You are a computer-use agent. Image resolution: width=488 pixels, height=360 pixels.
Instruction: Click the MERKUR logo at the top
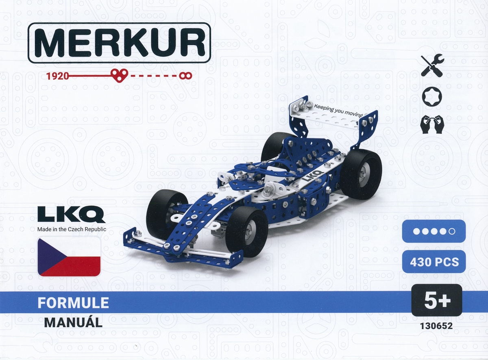119,43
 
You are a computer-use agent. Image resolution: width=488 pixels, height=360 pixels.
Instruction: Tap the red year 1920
57,76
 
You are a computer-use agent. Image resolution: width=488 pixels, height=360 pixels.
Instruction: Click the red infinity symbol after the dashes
185,76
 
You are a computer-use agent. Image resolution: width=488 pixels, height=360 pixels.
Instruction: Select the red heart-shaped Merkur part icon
119,76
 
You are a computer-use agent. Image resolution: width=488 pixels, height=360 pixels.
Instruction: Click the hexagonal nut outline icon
431,97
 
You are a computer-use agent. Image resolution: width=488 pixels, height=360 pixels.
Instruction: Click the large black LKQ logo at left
72,214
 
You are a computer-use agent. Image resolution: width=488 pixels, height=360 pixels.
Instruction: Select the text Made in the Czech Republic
72,229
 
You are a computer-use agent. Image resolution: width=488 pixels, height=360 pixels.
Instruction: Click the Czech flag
69,257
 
